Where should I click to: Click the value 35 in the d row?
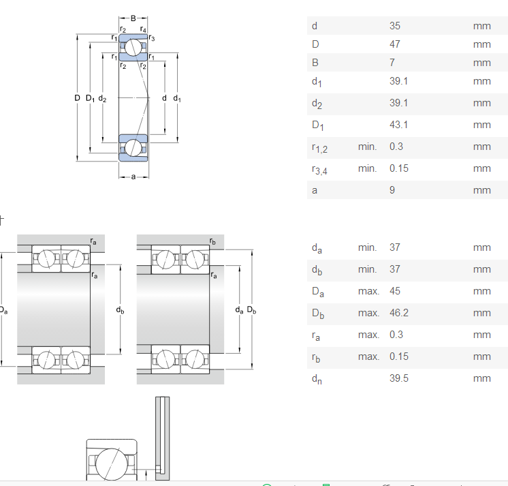[x=394, y=27]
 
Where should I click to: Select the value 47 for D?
[x=394, y=44]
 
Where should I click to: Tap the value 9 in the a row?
[x=392, y=190]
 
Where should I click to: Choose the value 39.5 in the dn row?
[x=398, y=378]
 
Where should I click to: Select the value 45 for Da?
[x=394, y=291]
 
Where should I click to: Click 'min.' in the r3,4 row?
[x=367, y=168]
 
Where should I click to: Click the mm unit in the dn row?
[x=481, y=378]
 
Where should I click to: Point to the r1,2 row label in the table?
[x=319, y=148]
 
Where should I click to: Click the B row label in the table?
[x=315, y=63]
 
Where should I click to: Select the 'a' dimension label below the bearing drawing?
[x=133, y=177]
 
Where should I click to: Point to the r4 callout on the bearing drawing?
[x=144, y=29]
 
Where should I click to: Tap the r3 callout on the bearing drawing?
[x=151, y=38]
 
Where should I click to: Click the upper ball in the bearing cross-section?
[x=133, y=48]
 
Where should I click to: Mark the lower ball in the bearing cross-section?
[x=133, y=147]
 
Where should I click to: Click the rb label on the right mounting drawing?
[x=213, y=242]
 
